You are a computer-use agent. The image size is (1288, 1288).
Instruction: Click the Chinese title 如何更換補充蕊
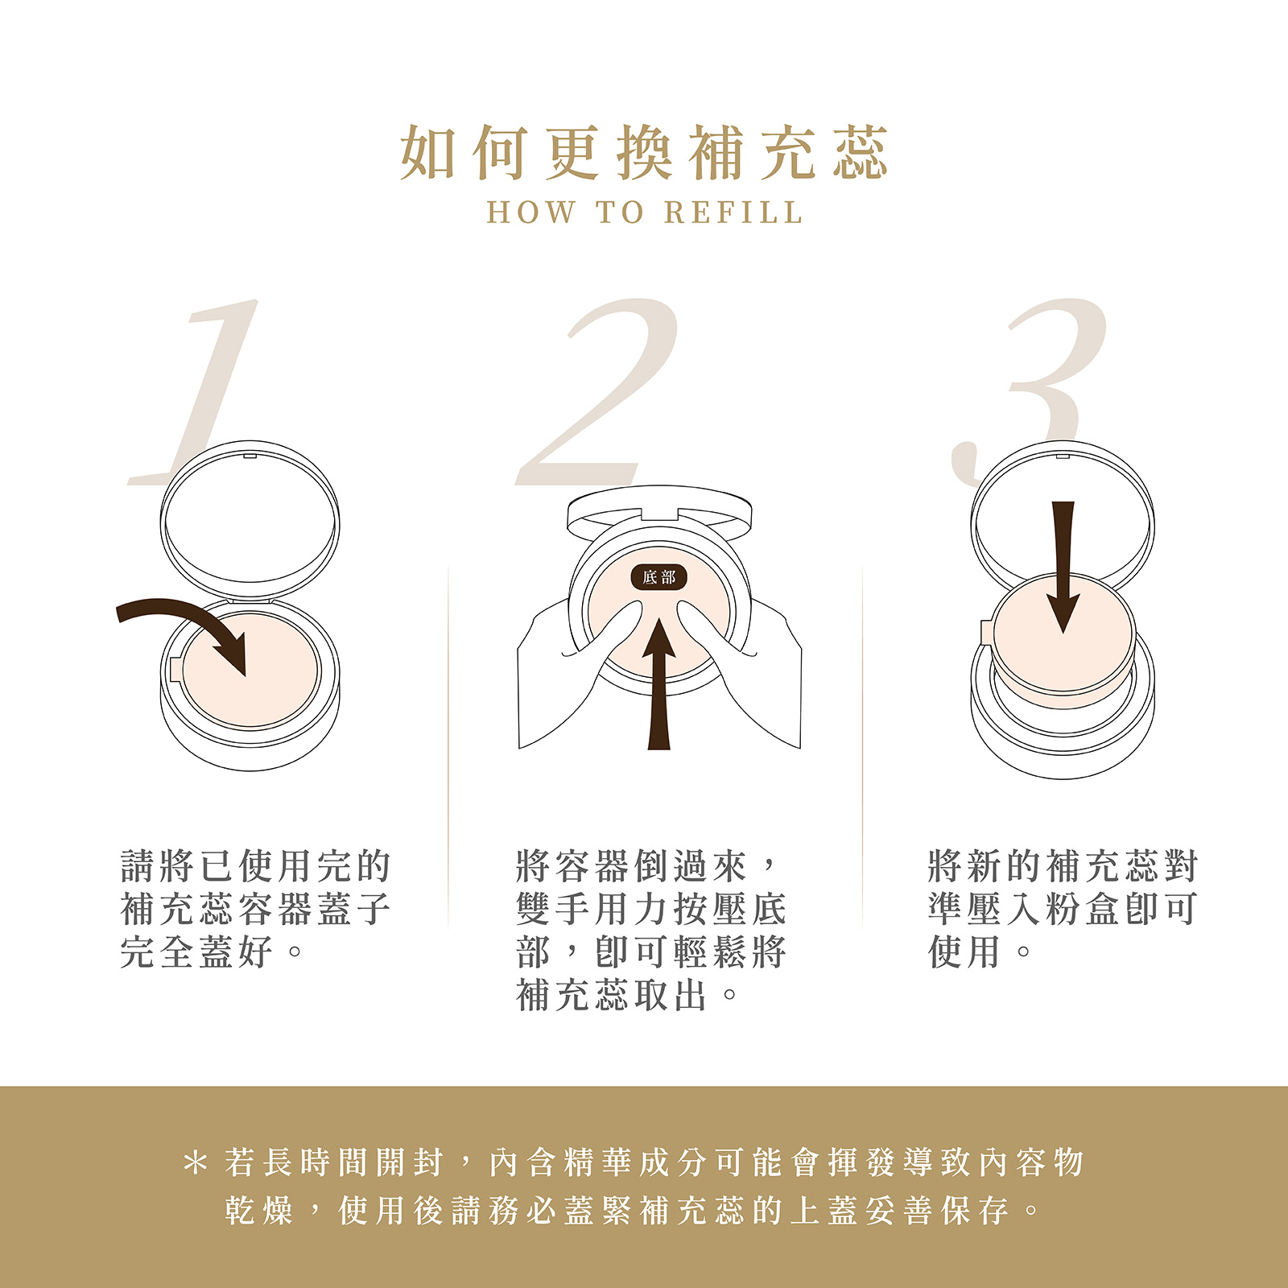644,152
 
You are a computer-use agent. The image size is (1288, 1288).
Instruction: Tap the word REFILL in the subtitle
733,213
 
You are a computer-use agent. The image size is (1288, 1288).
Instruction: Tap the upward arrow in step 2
659,684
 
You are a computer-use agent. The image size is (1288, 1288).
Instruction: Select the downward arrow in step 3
1063,568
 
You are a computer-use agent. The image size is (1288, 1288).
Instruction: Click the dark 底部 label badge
658,577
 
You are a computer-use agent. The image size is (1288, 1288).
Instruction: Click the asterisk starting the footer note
195,1163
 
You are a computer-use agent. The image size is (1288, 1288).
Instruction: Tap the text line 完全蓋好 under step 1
212,952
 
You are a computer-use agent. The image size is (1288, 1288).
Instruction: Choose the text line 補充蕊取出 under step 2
627,996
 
